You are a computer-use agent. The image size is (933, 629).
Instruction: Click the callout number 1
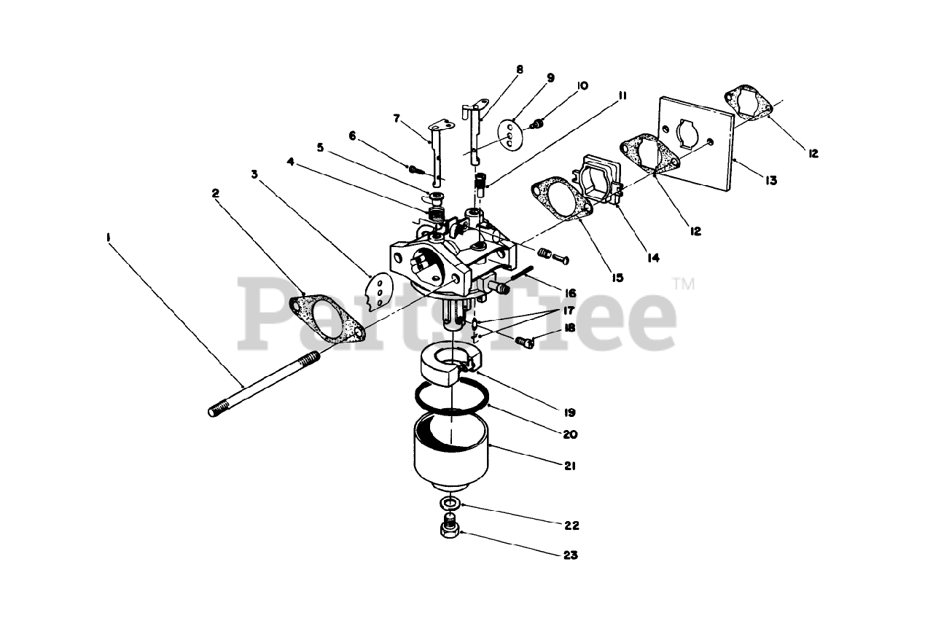pos(109,238)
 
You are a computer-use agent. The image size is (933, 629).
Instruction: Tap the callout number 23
pos(571,555)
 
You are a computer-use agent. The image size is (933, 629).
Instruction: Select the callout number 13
pos(770,180)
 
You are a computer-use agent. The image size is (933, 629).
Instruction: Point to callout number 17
pos(569,310)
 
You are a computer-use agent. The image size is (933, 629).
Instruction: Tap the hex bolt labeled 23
pos(450,528)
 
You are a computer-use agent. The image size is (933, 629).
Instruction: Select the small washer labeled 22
pos(449,503)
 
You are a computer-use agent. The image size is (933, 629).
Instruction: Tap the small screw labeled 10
pos(537,124)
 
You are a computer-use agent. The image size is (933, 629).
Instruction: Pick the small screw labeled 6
pos(415,169)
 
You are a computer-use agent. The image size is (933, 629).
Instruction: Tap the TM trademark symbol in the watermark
pos(684,284)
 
